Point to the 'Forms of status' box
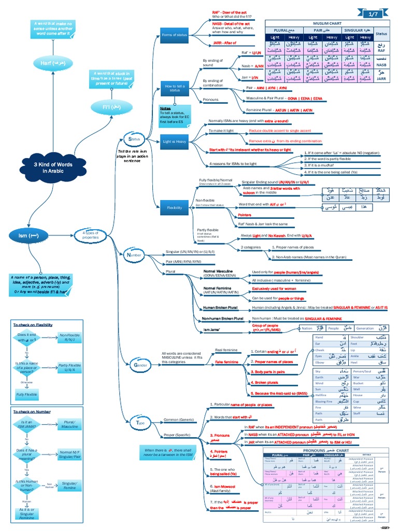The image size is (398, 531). click(174, 35)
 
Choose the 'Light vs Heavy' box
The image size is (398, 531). click(174, 141)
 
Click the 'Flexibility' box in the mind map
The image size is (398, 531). click(174, 208)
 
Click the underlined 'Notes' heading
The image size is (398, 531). click(165, 108)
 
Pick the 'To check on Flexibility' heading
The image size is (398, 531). click(33, 325)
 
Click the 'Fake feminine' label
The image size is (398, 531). click(226, 361)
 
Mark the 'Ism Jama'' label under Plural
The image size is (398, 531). click(212, 329)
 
